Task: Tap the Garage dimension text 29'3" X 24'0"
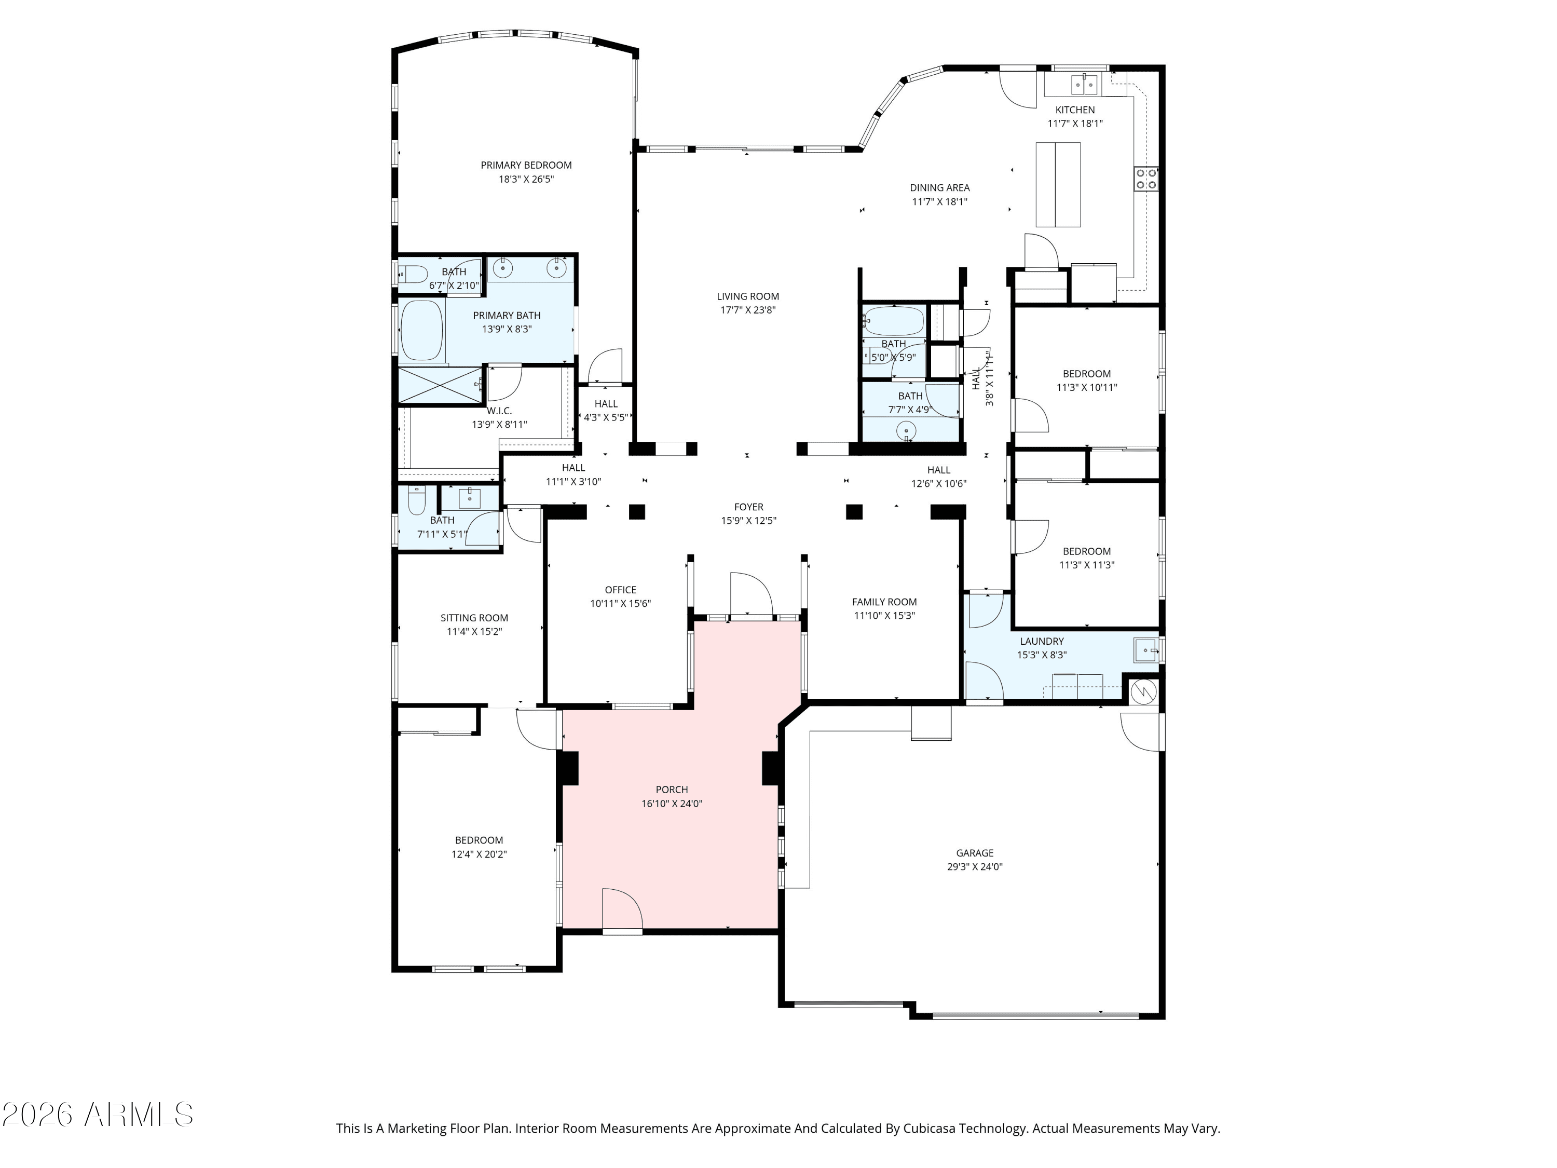(x=974, y=867)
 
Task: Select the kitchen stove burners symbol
(x=1146, y=179)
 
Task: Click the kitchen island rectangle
(x=1057, y=184)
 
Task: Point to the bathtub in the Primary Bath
(x=421, y=330)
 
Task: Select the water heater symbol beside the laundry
(x=1143, y=692)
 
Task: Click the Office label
(x=620, y=590)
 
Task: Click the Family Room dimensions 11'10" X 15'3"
(x=884, y=615)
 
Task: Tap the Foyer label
(x=748, y=507)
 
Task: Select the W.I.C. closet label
(x=499, y=411)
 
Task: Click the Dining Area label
(x=940, y=188)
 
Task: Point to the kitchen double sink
(x=1084, y=85)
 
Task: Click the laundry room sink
(x=1146, y=650)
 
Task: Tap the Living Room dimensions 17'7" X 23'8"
(x=747, y=310)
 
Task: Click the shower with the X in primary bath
(x=441, y=385)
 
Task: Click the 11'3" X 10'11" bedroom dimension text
(x=1087, y=387)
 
